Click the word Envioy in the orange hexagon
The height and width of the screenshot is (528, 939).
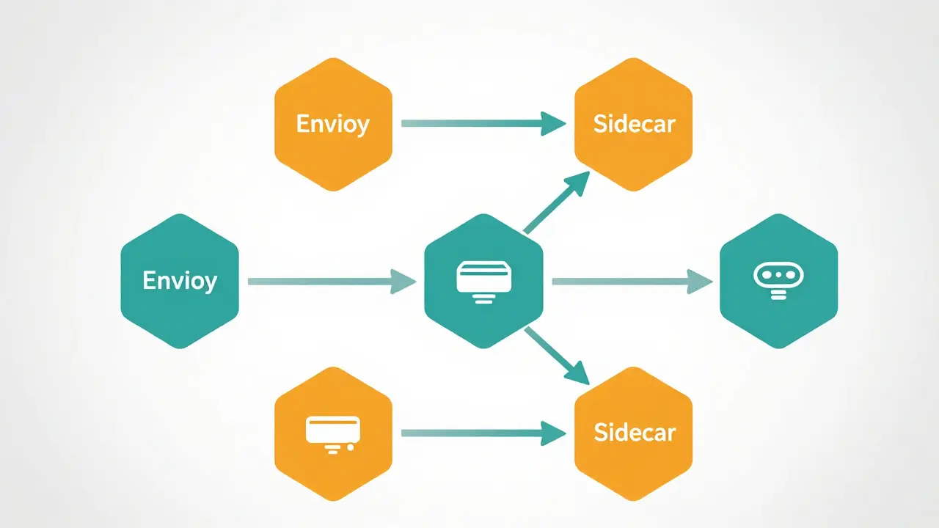coord(333,124)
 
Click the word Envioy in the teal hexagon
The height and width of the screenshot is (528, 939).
coord(180,281)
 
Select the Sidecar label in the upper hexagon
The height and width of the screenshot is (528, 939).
coord(634,124)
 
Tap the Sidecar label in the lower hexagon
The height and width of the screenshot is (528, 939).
coord(635,433)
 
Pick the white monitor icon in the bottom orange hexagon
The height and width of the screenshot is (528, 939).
coord(333,435)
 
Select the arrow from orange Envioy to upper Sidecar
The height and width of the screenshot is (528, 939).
coord(483,124)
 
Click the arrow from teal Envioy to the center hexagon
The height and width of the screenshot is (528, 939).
coord(332,282)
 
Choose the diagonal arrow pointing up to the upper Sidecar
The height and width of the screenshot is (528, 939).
coord(557,202)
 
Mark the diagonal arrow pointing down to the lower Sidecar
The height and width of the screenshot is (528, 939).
coord(557,356)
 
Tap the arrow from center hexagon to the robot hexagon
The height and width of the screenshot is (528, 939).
coord(632,282)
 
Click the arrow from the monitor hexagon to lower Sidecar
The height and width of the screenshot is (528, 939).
coord(483,433)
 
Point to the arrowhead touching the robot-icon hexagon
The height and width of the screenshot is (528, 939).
coord(699,282)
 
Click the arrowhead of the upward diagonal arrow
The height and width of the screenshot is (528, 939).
coord(579,183)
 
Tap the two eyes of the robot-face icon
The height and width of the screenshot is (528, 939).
coord(778,275)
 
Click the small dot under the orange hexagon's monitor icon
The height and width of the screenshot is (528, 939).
coord(351,447)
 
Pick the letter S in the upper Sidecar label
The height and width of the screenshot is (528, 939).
coord(599,124)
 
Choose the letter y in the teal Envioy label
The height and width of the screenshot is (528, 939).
coord(211,284)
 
